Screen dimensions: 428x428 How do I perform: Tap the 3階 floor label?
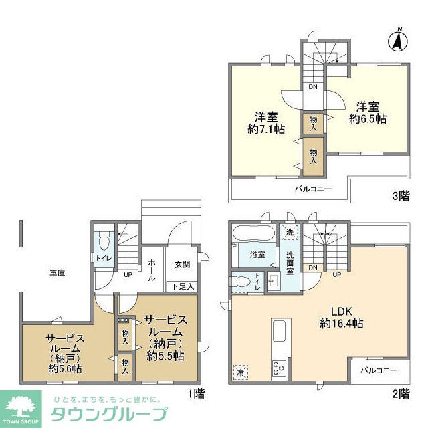(x=400, y=196)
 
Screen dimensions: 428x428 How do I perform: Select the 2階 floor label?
(x=399, y=393)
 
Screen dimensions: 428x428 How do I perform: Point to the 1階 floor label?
(x=195, y=393)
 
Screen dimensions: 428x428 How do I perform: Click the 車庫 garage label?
(x=57, y=273)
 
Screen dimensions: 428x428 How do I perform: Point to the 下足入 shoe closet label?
(x=181, y=286)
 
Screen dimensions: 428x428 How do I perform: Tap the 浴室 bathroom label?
(x=257, y=255)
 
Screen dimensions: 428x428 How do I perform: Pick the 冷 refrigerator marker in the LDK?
(x=240, y=372)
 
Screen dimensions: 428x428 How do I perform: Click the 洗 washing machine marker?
(x=289, y=232)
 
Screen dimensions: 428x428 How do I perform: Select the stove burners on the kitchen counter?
(x=278, y=366)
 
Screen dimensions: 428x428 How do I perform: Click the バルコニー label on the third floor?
(x=313, y=190)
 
